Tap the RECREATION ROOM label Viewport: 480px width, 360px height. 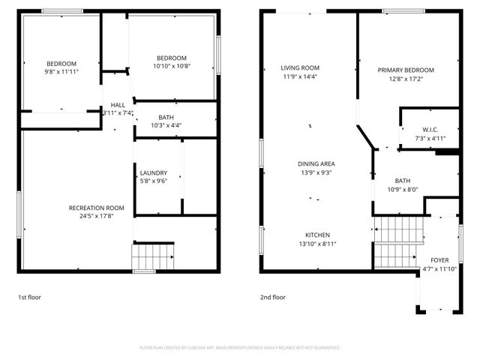(x=96, y=208)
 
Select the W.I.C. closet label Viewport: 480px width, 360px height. (x=430, y=129)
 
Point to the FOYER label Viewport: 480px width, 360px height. (x=439, y=260)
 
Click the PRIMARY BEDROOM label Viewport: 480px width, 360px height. (x=406, y=70)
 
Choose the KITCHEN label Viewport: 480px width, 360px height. (x=317, y=235)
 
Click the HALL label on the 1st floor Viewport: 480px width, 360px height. (x=118, y=104)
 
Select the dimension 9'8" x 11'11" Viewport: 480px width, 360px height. (x=62, y=72)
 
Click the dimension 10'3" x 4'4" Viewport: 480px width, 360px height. (x=166, y=125)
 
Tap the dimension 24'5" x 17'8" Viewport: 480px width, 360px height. (x=96, y=217)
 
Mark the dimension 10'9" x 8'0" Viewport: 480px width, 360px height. (x=403, y=189)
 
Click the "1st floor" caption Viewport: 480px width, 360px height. (x=29, y=298)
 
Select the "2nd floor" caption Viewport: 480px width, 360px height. (x=273, y=298)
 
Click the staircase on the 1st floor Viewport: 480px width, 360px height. (x=153, y=256)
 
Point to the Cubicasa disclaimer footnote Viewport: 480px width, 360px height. (x=240, y=348)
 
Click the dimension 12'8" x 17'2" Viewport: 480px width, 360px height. (x=406, y=78)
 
